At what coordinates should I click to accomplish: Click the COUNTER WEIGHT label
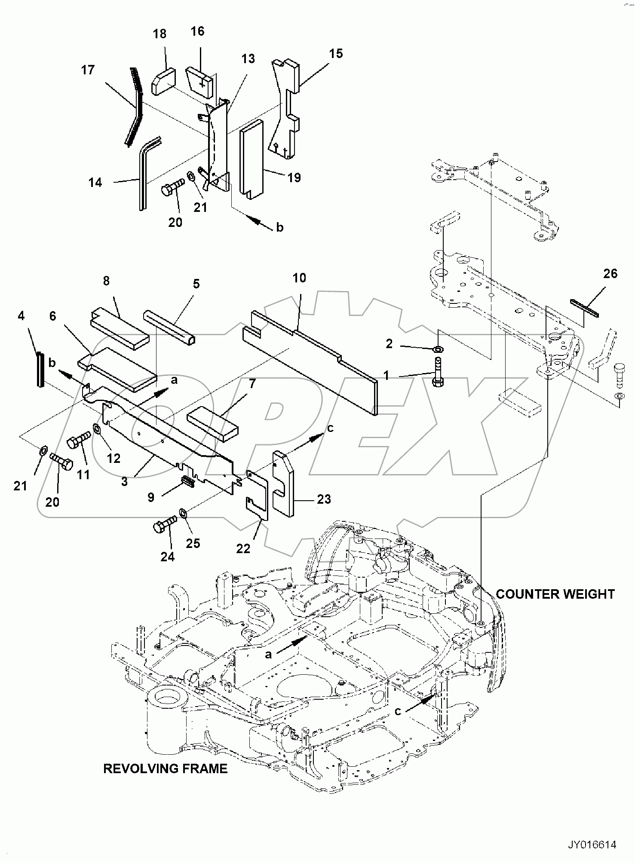tap(555, 594)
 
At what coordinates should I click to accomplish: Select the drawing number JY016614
tap(592, 845)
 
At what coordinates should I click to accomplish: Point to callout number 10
tap(299, 278)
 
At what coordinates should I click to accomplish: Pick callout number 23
tap(324, 499)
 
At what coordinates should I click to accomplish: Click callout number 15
tap(336, 54)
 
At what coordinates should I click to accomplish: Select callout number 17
tap(88, 70)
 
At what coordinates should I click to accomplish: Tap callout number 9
tap(151, 497)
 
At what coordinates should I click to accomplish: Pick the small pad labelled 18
tap(163, 82)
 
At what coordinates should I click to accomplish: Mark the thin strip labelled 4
tap(40, 369)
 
